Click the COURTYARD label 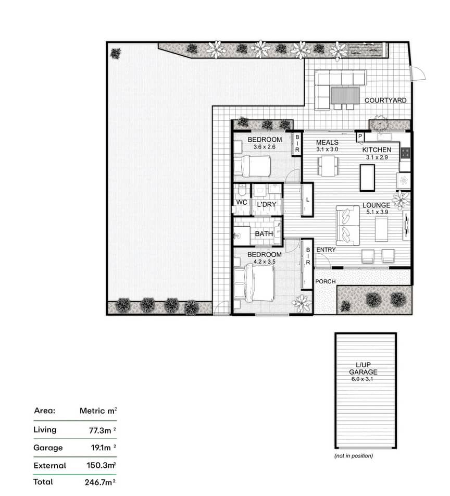385,100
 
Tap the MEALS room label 327,143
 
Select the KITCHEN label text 377,150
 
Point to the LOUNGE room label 377,205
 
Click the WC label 242,203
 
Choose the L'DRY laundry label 267,205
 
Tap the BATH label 264,234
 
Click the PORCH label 326,281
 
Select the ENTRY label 326,250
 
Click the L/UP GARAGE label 363,368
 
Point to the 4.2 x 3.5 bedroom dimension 265,262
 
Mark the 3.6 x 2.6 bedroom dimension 265,147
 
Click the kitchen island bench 367,178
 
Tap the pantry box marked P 360,137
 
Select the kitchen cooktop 405,153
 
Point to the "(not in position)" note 354,456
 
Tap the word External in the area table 50,466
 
